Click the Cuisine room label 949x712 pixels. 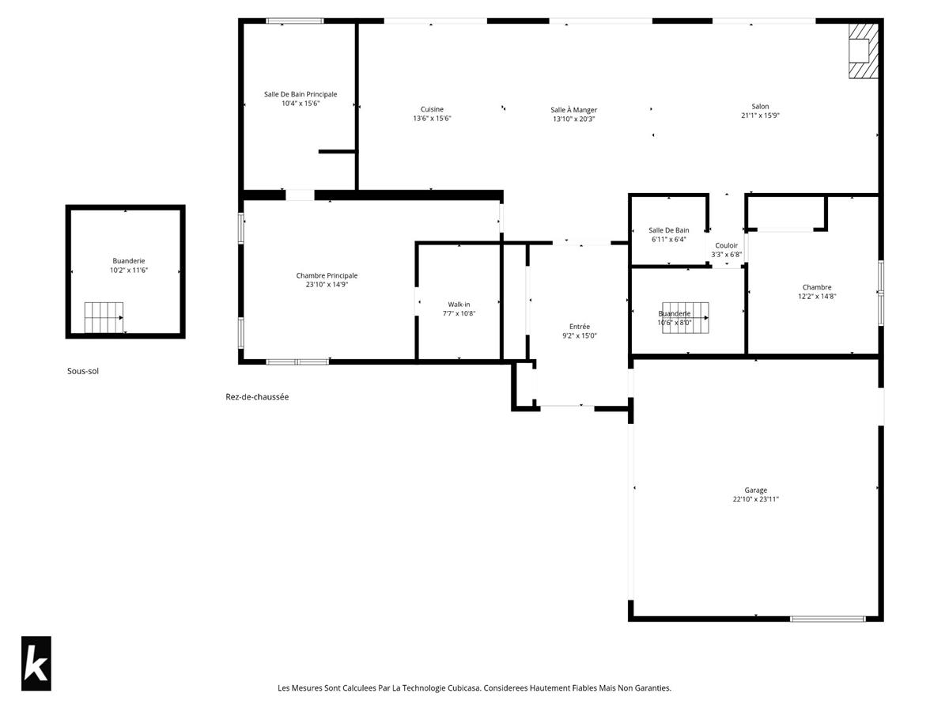[x=432, y=109]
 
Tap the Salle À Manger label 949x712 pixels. [x=573, y=110]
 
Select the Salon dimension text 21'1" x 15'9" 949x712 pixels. [x=760, y=116]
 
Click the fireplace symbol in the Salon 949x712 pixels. [x=863, y=51]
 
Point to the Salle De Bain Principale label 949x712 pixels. [x=301, y=94]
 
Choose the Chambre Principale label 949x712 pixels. [x=327, y=275]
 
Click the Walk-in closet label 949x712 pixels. [x=459, y=305]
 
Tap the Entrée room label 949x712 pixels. [x=580, y=327]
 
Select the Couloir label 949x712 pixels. [x=726, y=245]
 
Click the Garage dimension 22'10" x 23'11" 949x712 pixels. [x=755, y=499]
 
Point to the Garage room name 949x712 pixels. [x=755, y=490]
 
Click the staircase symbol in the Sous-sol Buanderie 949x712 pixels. [x=104, y=318]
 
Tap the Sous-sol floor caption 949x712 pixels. [x=83, y=371]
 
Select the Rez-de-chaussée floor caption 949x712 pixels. [x=257, y=397]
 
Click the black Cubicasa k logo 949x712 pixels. [x=36, y=663]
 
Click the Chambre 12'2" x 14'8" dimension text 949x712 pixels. [x=816, y=297]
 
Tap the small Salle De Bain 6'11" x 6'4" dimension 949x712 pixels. [x=668, y=240]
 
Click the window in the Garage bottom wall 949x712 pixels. [x=827, y=619]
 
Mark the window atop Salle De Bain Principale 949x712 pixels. [x=295, y=21]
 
